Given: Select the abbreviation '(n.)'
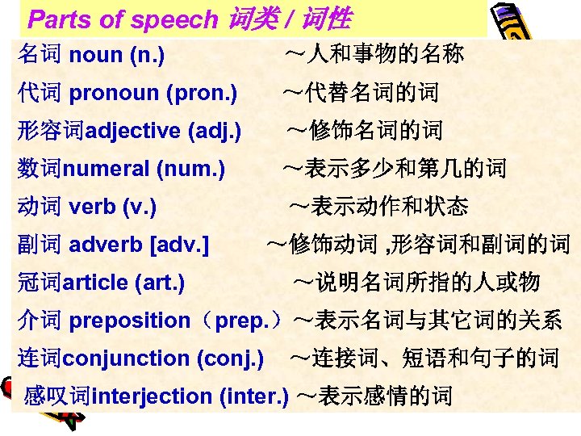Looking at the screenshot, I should tap(145, 56).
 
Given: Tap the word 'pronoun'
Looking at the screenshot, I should tap(114, 94).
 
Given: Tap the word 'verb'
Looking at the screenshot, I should tap(92, 207).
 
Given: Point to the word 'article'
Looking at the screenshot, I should tap(96, 283).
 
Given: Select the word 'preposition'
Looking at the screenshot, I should tap(129, 321).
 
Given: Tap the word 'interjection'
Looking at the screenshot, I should tap(152, 396).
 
